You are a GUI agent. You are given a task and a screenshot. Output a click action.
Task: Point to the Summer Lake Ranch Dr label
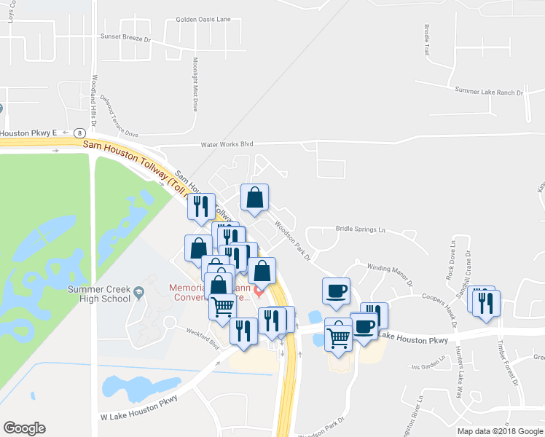490,92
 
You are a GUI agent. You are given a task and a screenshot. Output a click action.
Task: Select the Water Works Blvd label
216,144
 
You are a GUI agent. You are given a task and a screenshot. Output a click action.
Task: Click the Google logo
24,428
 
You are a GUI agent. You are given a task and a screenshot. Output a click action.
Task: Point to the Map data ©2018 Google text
500,431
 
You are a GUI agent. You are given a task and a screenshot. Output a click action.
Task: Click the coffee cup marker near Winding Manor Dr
336,291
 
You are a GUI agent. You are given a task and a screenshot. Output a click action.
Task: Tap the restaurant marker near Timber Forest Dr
487,302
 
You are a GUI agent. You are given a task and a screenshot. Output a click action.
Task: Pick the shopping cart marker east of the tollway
338,336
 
